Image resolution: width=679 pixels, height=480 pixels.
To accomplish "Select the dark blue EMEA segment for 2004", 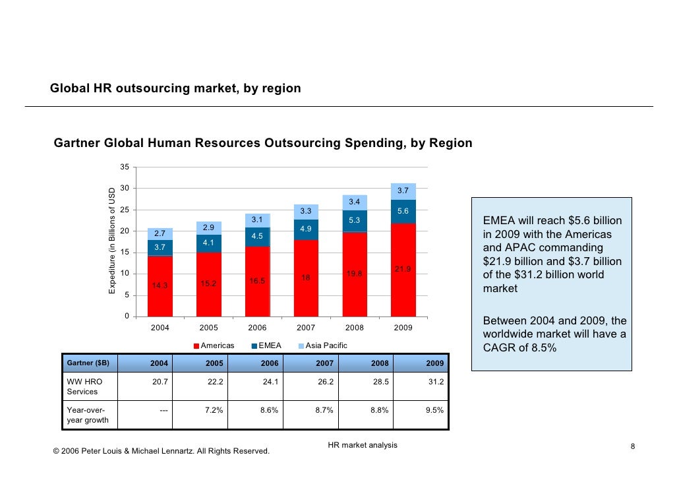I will [160, 247].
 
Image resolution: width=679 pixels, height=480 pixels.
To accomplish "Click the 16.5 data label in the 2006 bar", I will [257, 281].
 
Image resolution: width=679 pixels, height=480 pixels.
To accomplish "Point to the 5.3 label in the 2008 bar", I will [355, 220].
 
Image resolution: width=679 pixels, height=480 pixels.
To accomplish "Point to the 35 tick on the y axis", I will [125, 167].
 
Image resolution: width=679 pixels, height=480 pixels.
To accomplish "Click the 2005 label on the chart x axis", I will [209, 328].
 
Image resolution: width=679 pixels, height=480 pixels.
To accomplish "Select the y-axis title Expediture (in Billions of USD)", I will [112, 241].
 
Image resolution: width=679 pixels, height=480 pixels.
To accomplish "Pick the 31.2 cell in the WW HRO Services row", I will [435, 382].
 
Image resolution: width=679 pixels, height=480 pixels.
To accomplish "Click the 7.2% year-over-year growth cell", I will [214, 410].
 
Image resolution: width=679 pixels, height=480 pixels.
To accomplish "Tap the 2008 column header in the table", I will [380, 363].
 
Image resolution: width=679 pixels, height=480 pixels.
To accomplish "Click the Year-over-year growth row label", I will [86, 415].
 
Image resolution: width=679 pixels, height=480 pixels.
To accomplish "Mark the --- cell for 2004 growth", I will [163, 410].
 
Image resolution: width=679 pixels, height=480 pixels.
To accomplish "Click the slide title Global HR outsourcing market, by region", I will [175, 88].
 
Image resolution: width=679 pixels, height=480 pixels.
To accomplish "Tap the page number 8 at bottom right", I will [632, 448].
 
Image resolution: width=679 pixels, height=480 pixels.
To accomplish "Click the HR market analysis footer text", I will [363, 445].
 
